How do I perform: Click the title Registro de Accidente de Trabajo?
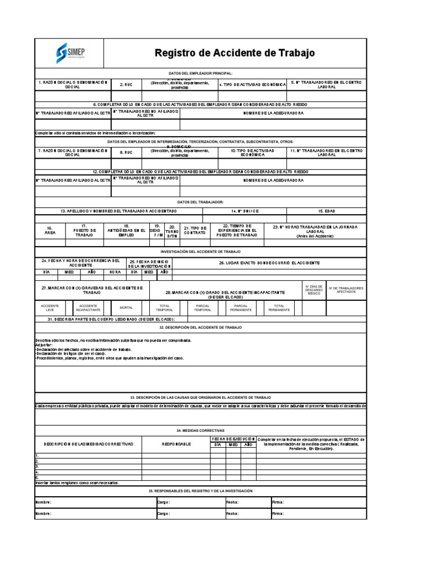tap(235, 53)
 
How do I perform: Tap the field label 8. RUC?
tap(126, 152)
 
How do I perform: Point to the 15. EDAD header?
tap(327, 211)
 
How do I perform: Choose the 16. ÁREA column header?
tap(50, 230)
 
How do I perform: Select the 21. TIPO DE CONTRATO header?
tap(195, 230)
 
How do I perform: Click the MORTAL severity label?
tap(126, 307)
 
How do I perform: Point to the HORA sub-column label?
tap(115, 272)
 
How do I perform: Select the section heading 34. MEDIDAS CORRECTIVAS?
tap(200, 430)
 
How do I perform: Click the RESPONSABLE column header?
tap(176, 443)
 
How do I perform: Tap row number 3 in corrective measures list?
tap(37, 466)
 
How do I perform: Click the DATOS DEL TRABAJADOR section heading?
tap(200, 202)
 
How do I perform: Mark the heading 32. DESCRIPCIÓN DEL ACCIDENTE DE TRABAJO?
tap(200, 327)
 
